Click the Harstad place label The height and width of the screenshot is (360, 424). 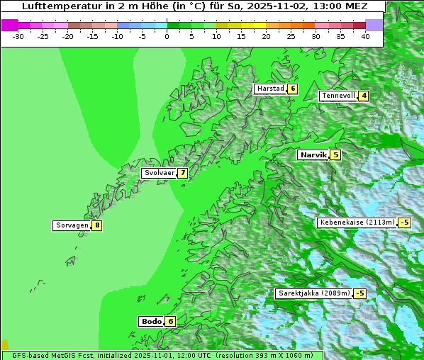coord(270,89)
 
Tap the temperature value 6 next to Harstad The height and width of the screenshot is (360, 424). coord(292,89)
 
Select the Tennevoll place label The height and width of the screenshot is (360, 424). coord(338,96)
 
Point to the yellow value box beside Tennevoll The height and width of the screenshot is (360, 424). coord(364,96)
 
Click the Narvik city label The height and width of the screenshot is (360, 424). coord(313,154)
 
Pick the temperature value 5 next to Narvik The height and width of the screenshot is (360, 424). coord(335,154)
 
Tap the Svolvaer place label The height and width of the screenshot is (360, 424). coord(159,173)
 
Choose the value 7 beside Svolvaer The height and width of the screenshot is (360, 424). coord(182,173)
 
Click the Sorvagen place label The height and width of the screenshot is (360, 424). coord(72,225)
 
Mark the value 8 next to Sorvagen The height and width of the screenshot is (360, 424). coord(96,225)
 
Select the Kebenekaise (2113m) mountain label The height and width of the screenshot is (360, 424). coord(357,223)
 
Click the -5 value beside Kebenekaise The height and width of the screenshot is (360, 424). coord(404,223)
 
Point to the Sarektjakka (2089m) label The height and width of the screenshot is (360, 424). coord(314,293)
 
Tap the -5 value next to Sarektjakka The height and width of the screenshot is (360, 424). coord(359,293)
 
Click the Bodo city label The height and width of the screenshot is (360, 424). coord(151,321)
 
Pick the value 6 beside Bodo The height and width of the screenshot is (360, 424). coord(170,321)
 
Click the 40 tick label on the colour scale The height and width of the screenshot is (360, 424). coord(365,36)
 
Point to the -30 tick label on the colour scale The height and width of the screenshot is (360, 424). coord(18,36)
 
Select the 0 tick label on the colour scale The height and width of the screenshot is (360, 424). coord(167,36)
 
